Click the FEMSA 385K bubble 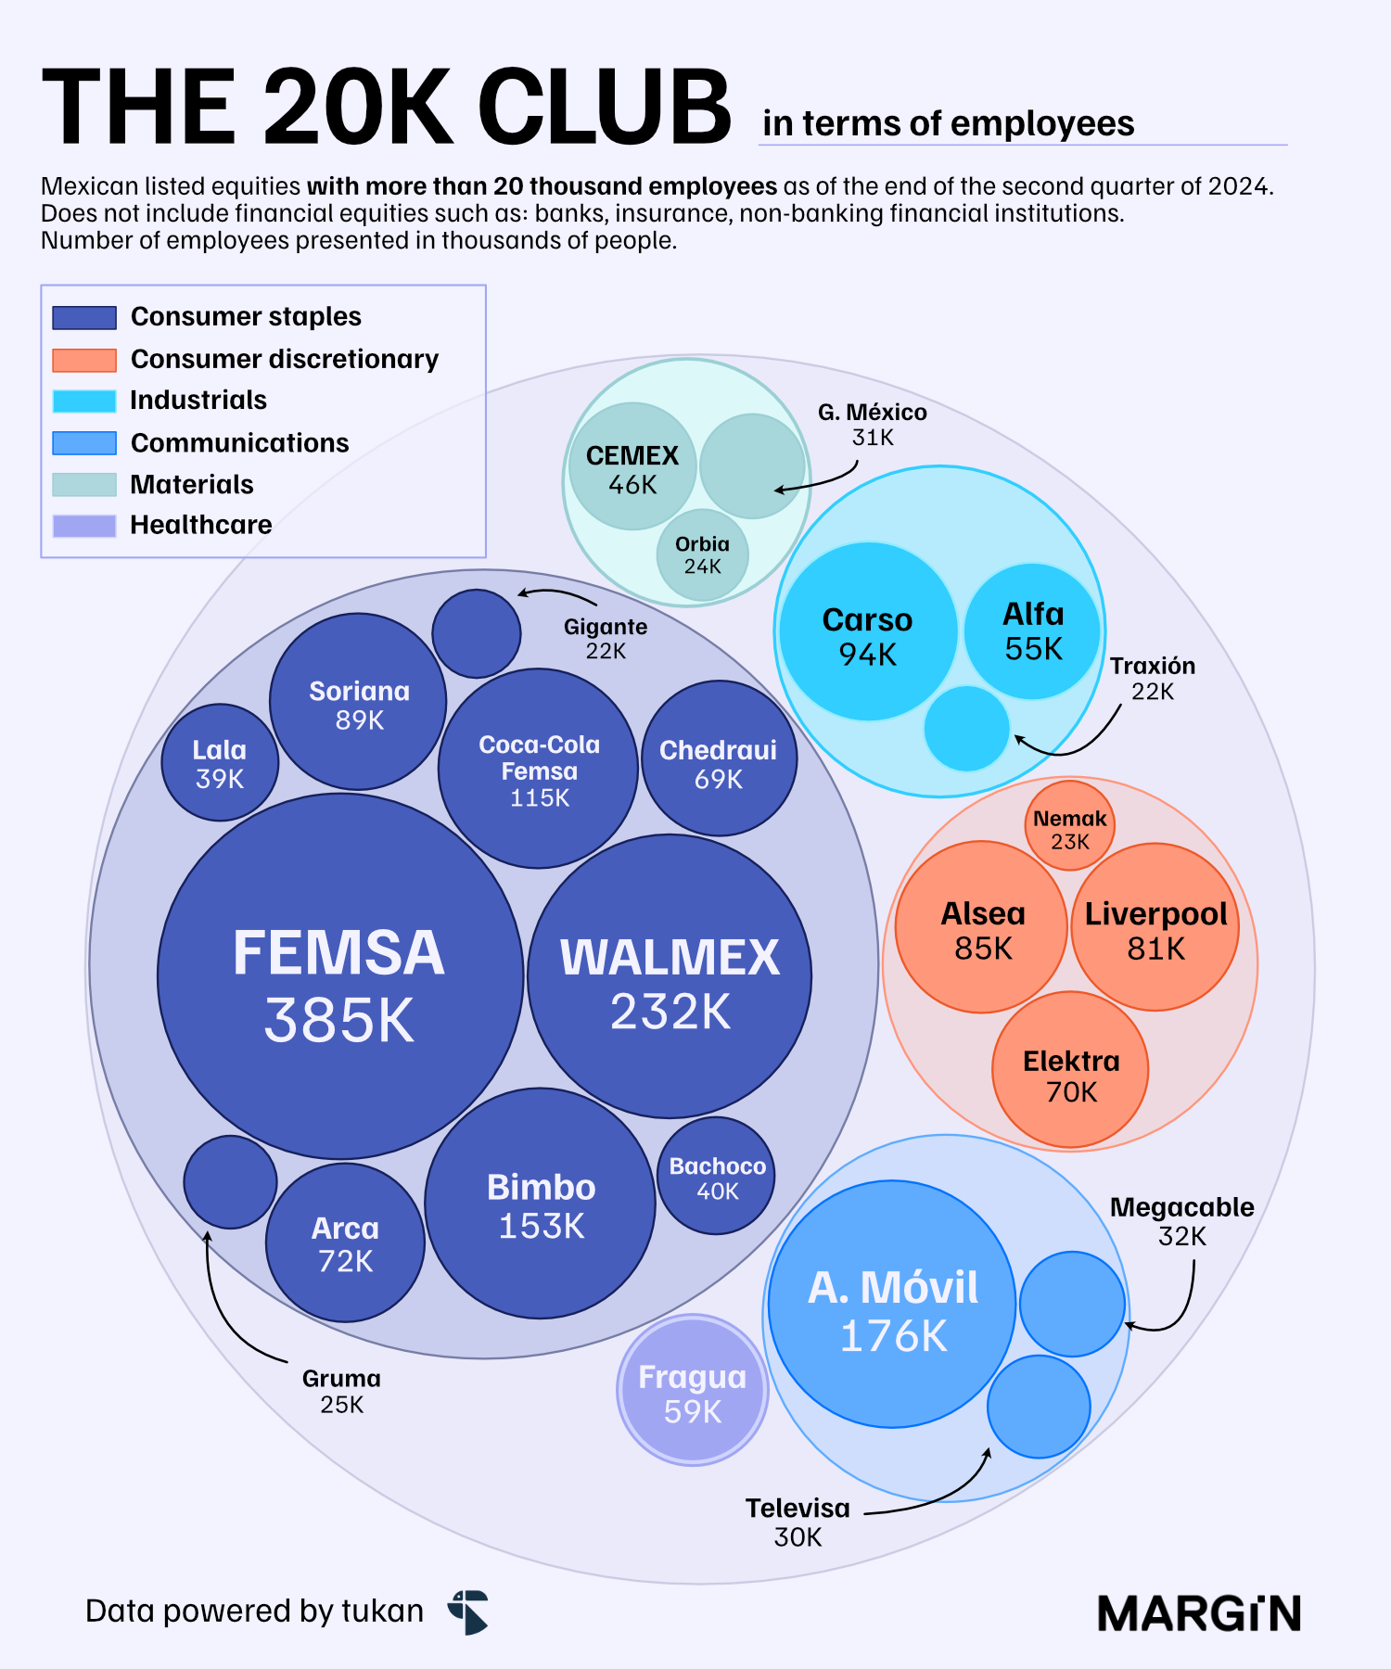340,976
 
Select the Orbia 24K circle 702,555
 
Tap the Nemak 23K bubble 1069,826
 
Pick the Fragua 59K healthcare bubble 693,1390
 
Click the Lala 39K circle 220,763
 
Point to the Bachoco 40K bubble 717,1176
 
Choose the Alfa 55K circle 1032,631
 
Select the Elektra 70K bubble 1070,1070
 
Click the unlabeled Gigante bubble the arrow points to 477,634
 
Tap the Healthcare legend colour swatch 84,526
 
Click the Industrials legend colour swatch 84,401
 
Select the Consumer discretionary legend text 285,359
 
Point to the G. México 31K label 872,425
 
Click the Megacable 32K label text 1181,1221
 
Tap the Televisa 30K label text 798,1522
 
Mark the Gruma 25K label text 341,1391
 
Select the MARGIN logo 1199,1613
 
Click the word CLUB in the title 605,108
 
